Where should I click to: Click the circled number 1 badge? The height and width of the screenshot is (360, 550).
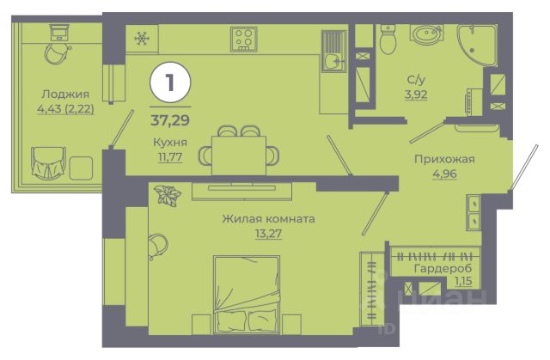pyautogui.click(x=170, y=82)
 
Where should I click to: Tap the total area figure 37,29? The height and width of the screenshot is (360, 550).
pyautogui.click(x=170, y=120)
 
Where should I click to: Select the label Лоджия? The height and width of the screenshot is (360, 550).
pyautogui.click(x=65, y=94)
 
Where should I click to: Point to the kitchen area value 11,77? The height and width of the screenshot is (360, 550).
pyautogui.click(x=170, y=156)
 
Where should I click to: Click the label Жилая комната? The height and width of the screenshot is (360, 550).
pyautogui.click(x=268, y=219)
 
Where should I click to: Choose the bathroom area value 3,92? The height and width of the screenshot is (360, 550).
pyautogui.click(x=416, y=95)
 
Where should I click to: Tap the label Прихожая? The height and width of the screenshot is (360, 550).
pyautogui.click(x=444, y=159)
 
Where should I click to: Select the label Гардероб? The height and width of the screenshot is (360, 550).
pyautogui.click(x=443, y=269)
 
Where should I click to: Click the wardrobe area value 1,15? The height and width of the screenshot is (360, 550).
pyautogui.click(x=463, y=281)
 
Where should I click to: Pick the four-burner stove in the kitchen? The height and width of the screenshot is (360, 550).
pyautogui.click(x=244, y=38)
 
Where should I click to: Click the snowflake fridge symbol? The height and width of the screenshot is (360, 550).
pyautogui.click(x=142, y=38)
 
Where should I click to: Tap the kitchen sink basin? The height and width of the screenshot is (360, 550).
pyautogui.click(x=333, y=62)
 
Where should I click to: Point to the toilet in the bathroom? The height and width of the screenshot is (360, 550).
pyautogui.click(x=388, y=40)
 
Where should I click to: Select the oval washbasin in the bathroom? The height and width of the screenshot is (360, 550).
pyautogui.click(x=426, y=34)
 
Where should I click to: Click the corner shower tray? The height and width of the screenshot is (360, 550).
pyautogui.click(x=477, y=45)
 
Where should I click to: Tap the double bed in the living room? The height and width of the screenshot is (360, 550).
pyautogui.click(x=247, y=295)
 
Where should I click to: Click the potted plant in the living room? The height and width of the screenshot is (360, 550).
pyautogui.click(x=168, y=195)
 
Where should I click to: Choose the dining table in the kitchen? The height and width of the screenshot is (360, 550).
pyautogui.click(x=239, y=156)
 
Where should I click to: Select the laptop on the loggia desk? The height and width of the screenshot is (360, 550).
pyautogui.click(x=59, y=32)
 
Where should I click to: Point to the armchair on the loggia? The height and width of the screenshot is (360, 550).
pyautogui.click(x=48, y=162)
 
